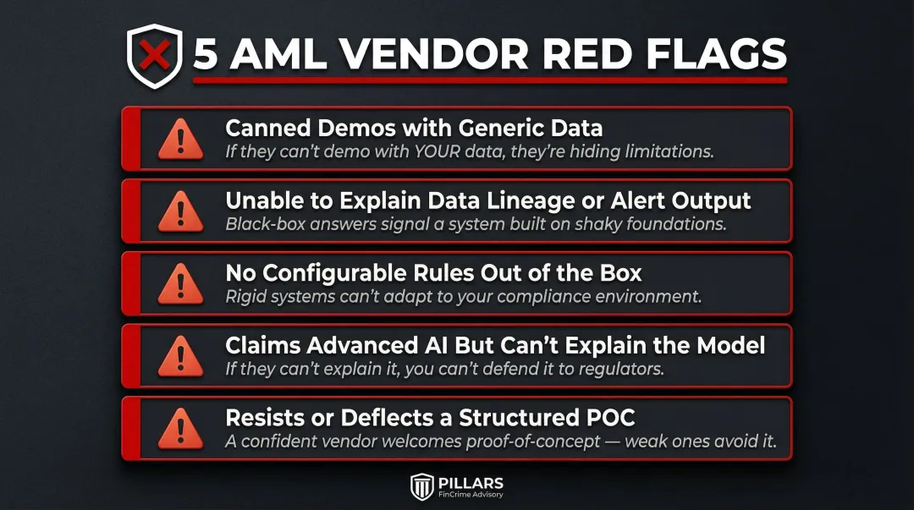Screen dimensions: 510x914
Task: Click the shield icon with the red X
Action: pyautogui.click(x=154, y=56)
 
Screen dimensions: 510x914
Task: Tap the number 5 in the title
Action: pyautogui.click(x=206, y=56)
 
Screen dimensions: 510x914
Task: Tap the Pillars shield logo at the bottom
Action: pyautogui.click(x=422, y=487)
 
